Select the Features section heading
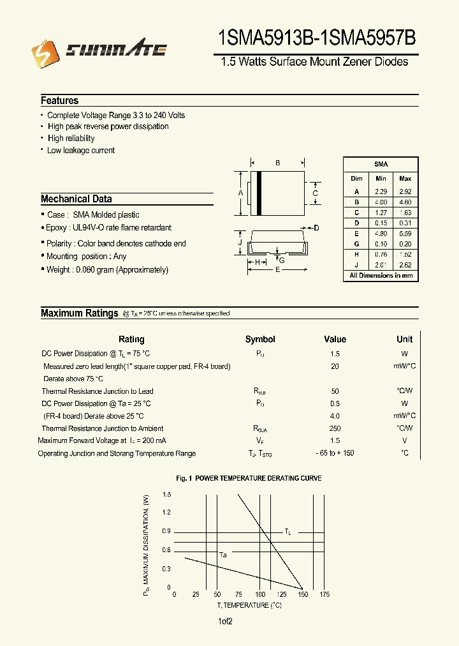[60, 101]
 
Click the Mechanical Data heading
[76, 199]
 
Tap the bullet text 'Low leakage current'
[81, 151]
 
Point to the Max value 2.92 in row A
[405, 192]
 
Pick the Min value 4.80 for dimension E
[381, 234]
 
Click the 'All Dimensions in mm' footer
[381, 276]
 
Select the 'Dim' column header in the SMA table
[356, 179]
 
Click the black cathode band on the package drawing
[259, 193]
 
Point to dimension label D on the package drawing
[316, 228]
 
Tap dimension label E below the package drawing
[277, 270]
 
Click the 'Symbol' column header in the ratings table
[260, 340]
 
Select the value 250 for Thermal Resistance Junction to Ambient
[335, 428]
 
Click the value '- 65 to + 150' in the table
[335, 453]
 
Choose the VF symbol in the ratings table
[260, 441]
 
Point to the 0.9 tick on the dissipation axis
[166, 531]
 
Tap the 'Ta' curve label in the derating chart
[223, 555]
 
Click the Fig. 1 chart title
[249, 478]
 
